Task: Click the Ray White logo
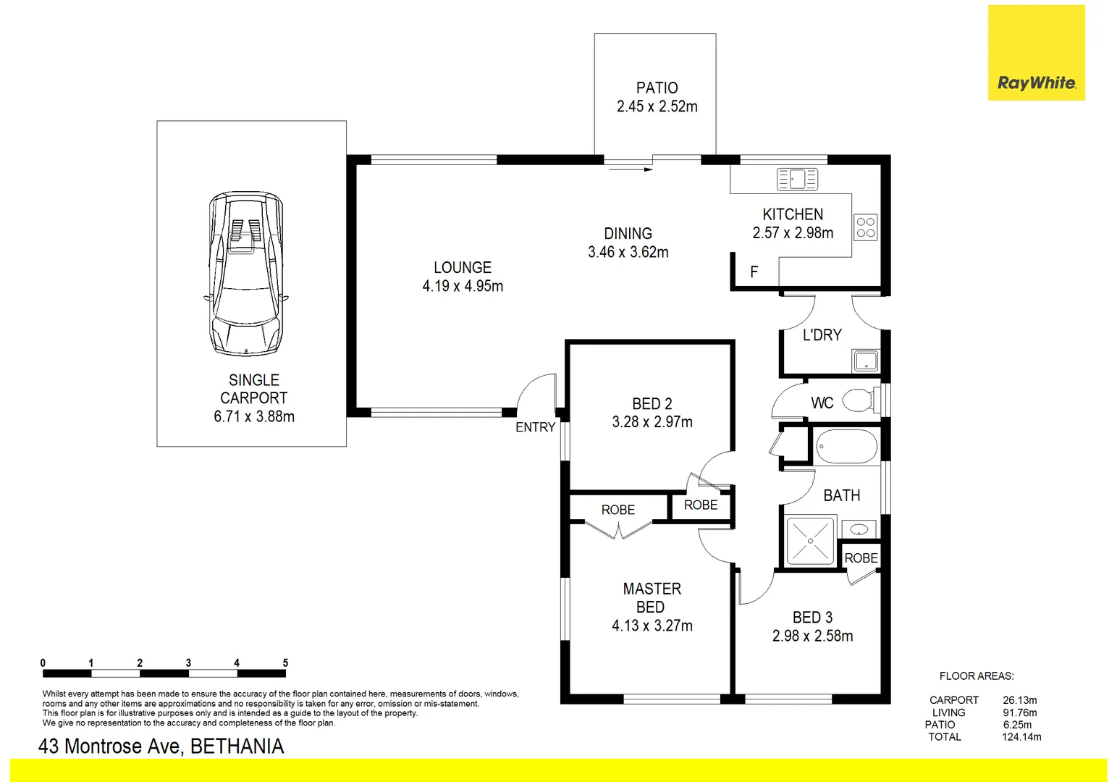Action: point(1036,83)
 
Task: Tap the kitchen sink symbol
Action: point(796,178)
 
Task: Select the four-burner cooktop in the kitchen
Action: point(866,227)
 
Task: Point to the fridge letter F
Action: point(754,272)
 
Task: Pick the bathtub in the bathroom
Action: point(846,446)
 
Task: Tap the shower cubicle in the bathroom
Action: point(810,541)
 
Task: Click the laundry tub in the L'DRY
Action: point(865,360)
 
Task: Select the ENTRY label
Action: point(535,427)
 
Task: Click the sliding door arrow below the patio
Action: point(631,170)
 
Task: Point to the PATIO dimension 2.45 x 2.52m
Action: point(657,106)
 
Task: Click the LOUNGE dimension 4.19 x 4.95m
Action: point(463,286)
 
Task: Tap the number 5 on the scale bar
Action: point(285,663)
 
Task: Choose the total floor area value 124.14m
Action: point(1021,737)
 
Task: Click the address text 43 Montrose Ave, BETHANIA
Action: point(161,747)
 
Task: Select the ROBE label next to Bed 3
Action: point(861,558)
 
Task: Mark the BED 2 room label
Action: point(652,403)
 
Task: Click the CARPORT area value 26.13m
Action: point(1019,700)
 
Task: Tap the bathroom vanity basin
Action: point(859,529)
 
